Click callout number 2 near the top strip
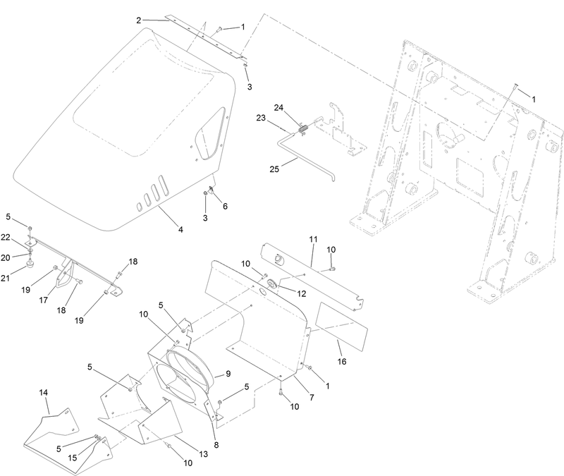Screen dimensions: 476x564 [x=139, y=20]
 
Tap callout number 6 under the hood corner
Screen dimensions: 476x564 [x=226, y=206]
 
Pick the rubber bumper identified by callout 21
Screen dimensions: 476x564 [x=31, y=266]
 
